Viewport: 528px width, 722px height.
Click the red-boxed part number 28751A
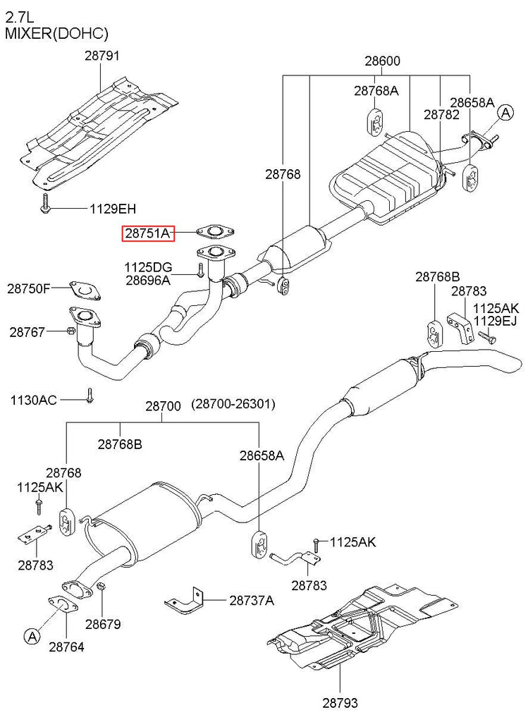(148, 233)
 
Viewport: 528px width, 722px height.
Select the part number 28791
(102, 56)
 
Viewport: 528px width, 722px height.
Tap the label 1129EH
(113, 209)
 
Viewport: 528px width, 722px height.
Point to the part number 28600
(383, 61)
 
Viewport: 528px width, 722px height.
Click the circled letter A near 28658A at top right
(505, 112)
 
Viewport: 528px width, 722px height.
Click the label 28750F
(28, 288)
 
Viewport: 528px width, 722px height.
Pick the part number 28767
(27, 331)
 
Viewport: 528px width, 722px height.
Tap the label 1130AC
(34, 400)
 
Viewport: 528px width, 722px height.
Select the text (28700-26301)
(233, 404)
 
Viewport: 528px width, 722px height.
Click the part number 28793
(340, 703)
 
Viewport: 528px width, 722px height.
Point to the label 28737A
(252, 601)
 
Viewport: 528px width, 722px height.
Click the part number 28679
(103, 624)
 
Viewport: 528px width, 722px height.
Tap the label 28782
(441, 115)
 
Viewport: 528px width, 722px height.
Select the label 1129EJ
(496, 321)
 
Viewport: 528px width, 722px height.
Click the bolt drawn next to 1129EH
(46, 204)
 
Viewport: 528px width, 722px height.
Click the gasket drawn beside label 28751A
(215, 231)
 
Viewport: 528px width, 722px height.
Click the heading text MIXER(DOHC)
(57, 34)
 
